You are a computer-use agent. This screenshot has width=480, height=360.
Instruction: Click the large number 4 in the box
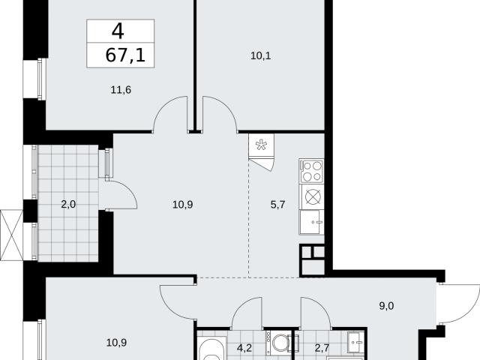(x=118, y=31)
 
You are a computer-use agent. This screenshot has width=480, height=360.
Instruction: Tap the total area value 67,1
(x=125, y=55)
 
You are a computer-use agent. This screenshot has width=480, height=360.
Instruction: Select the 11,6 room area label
(x=121, y=90)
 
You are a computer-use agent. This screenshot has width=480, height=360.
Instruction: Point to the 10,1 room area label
(x=261, y=56)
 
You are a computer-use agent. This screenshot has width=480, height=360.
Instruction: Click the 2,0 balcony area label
(x=68, y=204)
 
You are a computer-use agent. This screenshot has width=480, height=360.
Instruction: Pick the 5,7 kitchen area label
(x=278, y=205)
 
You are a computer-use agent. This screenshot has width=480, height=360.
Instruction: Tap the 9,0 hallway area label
(x=387, y=306)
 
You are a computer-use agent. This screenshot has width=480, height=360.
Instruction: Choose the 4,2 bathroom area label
(x=244, y=348)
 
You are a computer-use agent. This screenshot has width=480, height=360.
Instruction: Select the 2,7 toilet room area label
(x=322, y=348)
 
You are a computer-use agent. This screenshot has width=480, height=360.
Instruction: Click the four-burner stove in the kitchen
(x=312, y=171)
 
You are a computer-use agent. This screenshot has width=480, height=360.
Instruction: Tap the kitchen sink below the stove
(x=312, y=222)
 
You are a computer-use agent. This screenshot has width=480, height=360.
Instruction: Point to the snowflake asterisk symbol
(x=261, y=145)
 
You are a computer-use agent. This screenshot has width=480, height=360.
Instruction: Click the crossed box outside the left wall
(x=12, y=235)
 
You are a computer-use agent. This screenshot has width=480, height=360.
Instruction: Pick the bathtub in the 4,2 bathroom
(x=211, y=349)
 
